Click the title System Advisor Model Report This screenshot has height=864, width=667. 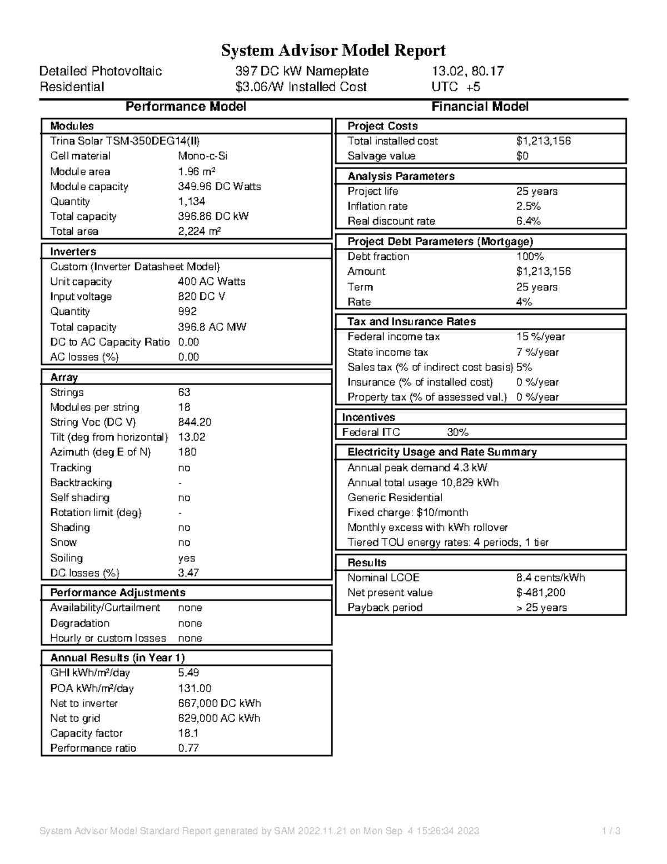tap(333, 51)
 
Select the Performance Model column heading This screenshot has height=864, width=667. tap(186, 107)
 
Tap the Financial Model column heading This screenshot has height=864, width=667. tap(480, 107)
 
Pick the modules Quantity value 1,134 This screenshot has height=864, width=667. tap(192, 201)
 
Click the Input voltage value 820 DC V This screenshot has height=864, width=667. tap(201, 297)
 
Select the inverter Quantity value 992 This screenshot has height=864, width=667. tap(187, 312)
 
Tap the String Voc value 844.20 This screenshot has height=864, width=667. tap(195, 422)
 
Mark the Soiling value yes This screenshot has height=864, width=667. tap(186, 558)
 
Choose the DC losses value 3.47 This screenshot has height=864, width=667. tap(188, 573)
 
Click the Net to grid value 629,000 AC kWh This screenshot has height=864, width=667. tap(219, 718)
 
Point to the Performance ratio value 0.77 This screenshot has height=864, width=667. tap(188, 748)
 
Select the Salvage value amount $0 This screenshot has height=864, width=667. tap(522, 156)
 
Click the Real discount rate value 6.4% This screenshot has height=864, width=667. tap(528, 221)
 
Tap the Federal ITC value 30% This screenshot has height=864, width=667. tap(457, 432)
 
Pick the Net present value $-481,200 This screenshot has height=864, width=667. tap(540, 593)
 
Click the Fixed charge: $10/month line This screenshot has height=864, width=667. tap(407, 512)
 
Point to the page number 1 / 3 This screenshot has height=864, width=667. tap(611, 831)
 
